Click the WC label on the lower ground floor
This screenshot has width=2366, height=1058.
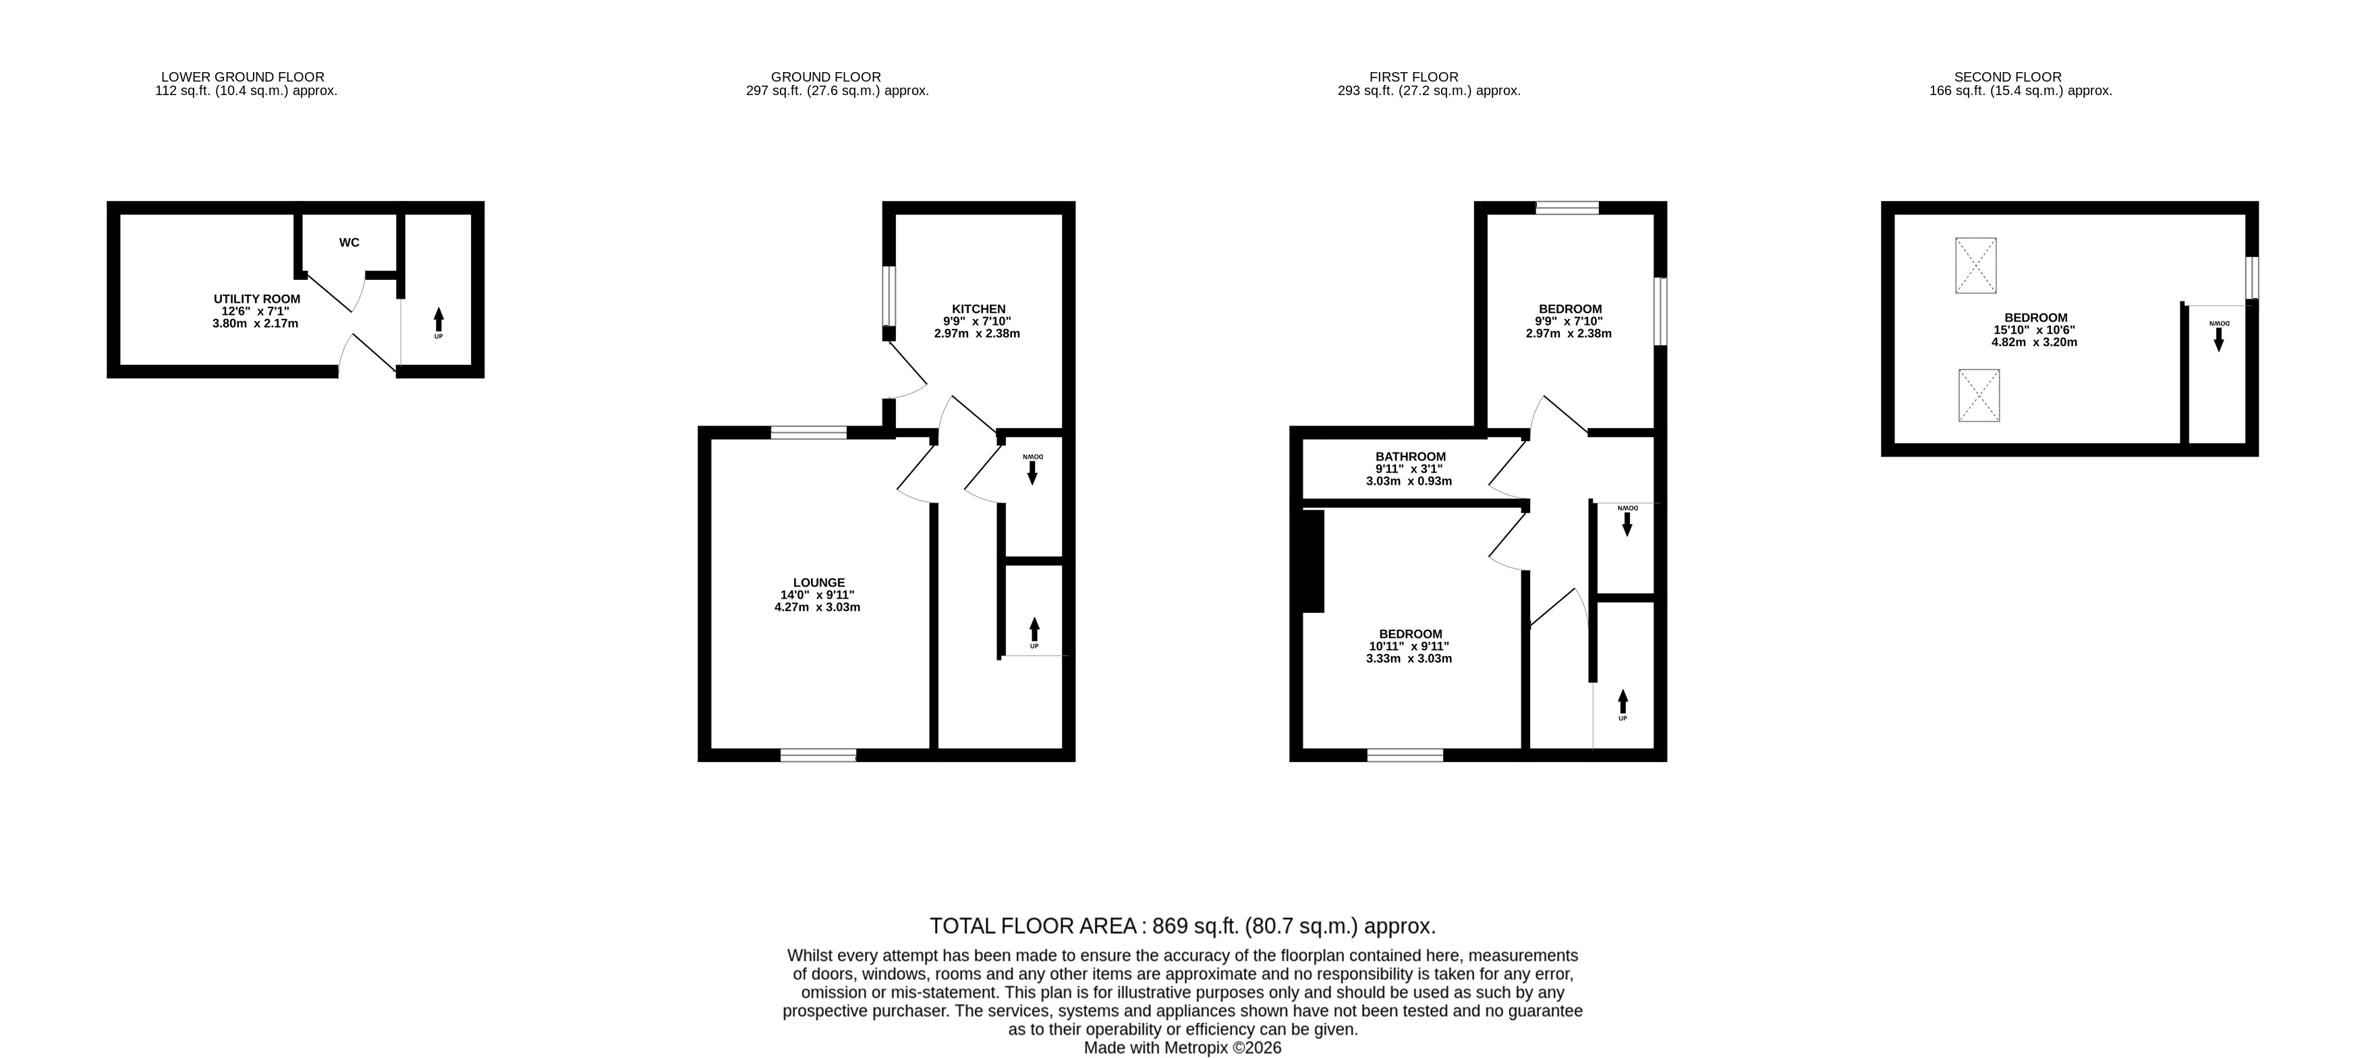(x=349, y=243)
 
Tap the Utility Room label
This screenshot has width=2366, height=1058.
(x=257, y=299)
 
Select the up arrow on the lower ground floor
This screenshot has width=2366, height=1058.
(x=438, y=320)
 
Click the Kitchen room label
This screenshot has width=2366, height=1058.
(x=978, y=309)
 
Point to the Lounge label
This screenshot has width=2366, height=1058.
(x=818, y=582)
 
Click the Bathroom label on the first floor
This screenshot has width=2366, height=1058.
(x=1410, y=457)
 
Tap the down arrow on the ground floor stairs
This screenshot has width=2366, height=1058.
(x=1032, y=472)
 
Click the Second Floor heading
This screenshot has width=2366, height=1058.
(x=2008, y=77)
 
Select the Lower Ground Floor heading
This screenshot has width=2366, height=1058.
(x=242, y=77)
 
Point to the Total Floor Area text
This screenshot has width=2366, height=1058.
(x=1182, y=926)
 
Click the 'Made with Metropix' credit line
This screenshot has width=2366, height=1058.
(x=1182, y=1048)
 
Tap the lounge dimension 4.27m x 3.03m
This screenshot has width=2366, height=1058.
(x=818, y=607)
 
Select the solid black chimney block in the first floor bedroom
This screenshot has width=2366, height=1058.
(x=1314, y=561)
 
